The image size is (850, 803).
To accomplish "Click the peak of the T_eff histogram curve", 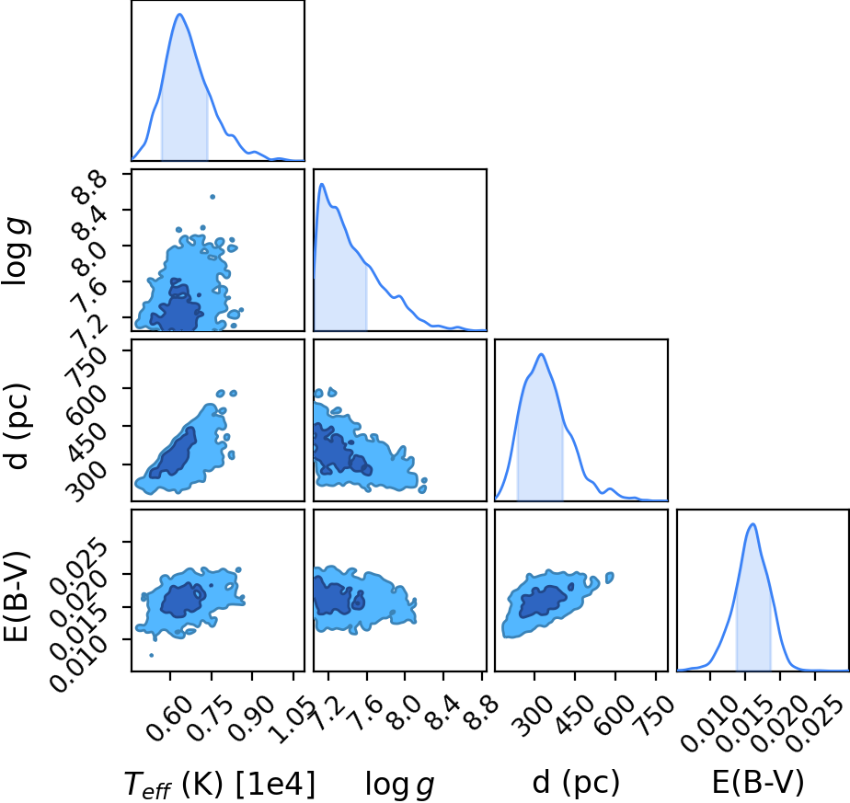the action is pos(179,14).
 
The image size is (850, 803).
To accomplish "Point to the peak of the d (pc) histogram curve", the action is pos(541,355).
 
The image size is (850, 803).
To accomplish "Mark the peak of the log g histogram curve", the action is pos(322,184).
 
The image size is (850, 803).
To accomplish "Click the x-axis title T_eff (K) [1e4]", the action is pos(220,784).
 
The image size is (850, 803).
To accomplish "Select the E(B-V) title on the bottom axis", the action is pos(757,783).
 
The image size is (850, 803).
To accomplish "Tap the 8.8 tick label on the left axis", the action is pos(90,187).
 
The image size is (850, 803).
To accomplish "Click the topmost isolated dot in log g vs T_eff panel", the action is pos(212,197).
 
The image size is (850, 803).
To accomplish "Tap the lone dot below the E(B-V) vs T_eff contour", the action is pos(151,656).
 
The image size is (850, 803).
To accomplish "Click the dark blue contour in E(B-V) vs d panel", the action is pos(544,601).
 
